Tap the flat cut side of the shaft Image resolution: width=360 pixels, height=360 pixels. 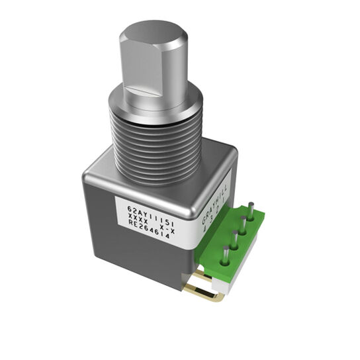pos(142,73)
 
